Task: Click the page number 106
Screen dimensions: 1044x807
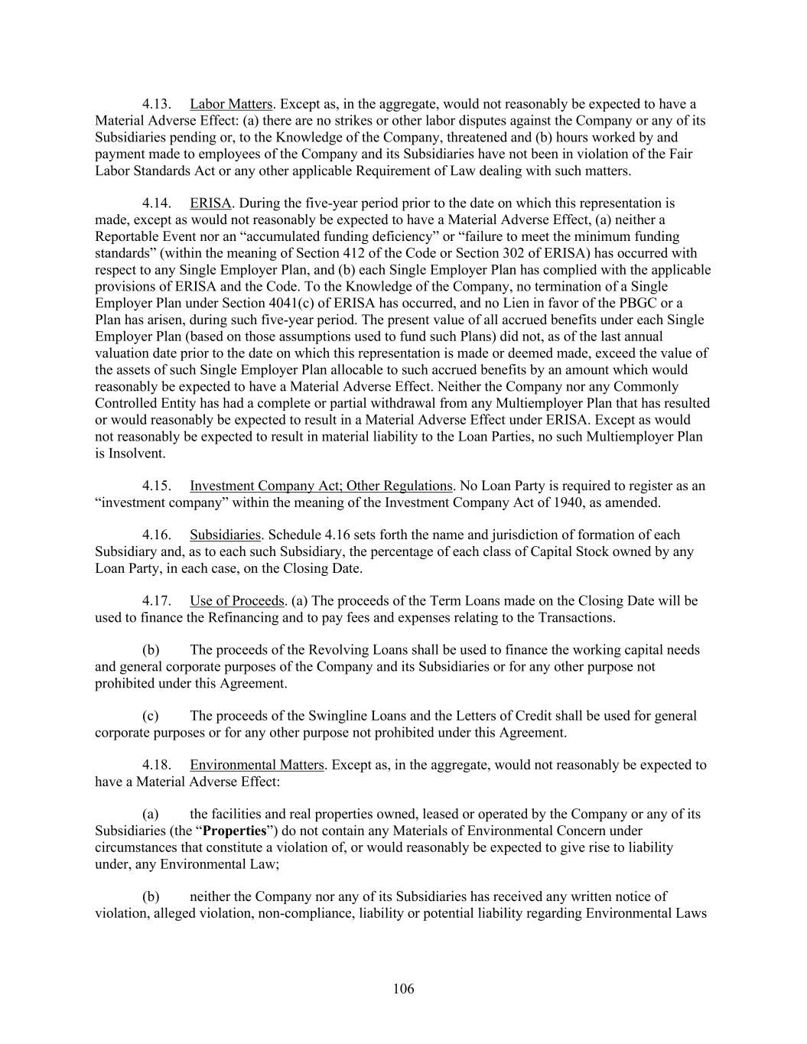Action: point(403,989)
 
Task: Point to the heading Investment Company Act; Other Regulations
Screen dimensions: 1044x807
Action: point(321,486)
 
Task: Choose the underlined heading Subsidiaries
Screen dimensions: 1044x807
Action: point(225,535)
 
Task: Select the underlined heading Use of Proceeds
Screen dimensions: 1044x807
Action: point(237,601)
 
